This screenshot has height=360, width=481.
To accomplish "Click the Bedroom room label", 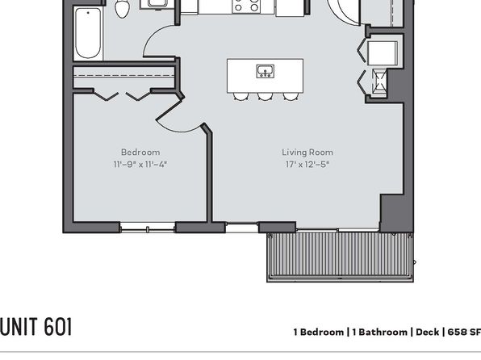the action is coord(140,153).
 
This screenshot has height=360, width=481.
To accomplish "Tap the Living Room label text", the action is coord(307,153).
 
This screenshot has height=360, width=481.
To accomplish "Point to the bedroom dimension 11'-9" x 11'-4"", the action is coord(140,165).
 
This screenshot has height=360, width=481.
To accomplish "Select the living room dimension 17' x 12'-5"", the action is coord(307,165).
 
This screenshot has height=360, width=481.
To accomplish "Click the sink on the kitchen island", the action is coord(266,71).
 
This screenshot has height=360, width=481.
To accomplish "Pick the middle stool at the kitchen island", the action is coord(266,96).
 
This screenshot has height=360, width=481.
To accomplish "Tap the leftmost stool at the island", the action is coord(240,96).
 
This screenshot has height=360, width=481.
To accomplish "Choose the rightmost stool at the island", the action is coord(291,96).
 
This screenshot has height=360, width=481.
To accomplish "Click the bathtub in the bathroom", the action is coord(88,33).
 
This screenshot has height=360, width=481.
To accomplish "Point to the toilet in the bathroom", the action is coord(122,9).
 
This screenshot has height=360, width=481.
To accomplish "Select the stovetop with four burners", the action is coord(246,6).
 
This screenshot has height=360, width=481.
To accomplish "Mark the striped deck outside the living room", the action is coord(340,257).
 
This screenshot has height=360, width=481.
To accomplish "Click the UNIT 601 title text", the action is coord(36,327).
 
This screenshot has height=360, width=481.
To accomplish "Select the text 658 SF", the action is coord(464,332).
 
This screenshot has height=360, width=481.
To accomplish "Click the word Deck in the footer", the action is coord(427,332).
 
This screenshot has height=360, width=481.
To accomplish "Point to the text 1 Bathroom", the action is coord(380,332).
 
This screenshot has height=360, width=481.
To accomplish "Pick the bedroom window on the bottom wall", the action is coord(148,228).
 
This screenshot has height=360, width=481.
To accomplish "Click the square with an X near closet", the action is coord(380,82).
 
